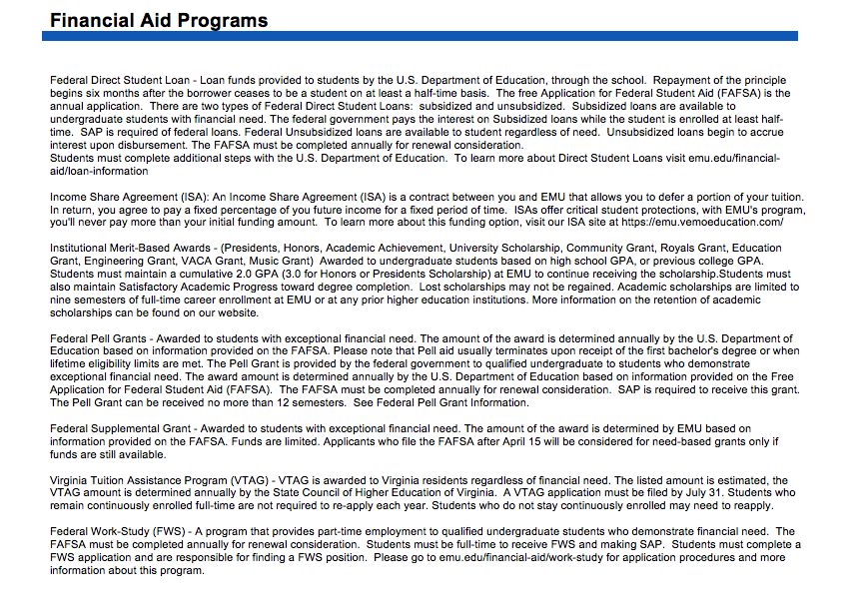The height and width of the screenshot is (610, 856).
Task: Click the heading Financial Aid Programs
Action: [159, 20]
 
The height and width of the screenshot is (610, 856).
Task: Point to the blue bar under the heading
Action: [420, 36]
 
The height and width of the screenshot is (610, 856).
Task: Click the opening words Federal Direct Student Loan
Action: [121, 80]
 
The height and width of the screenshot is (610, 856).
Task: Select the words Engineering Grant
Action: [123, 261]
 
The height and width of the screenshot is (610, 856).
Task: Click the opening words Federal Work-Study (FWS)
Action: [116, 532]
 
